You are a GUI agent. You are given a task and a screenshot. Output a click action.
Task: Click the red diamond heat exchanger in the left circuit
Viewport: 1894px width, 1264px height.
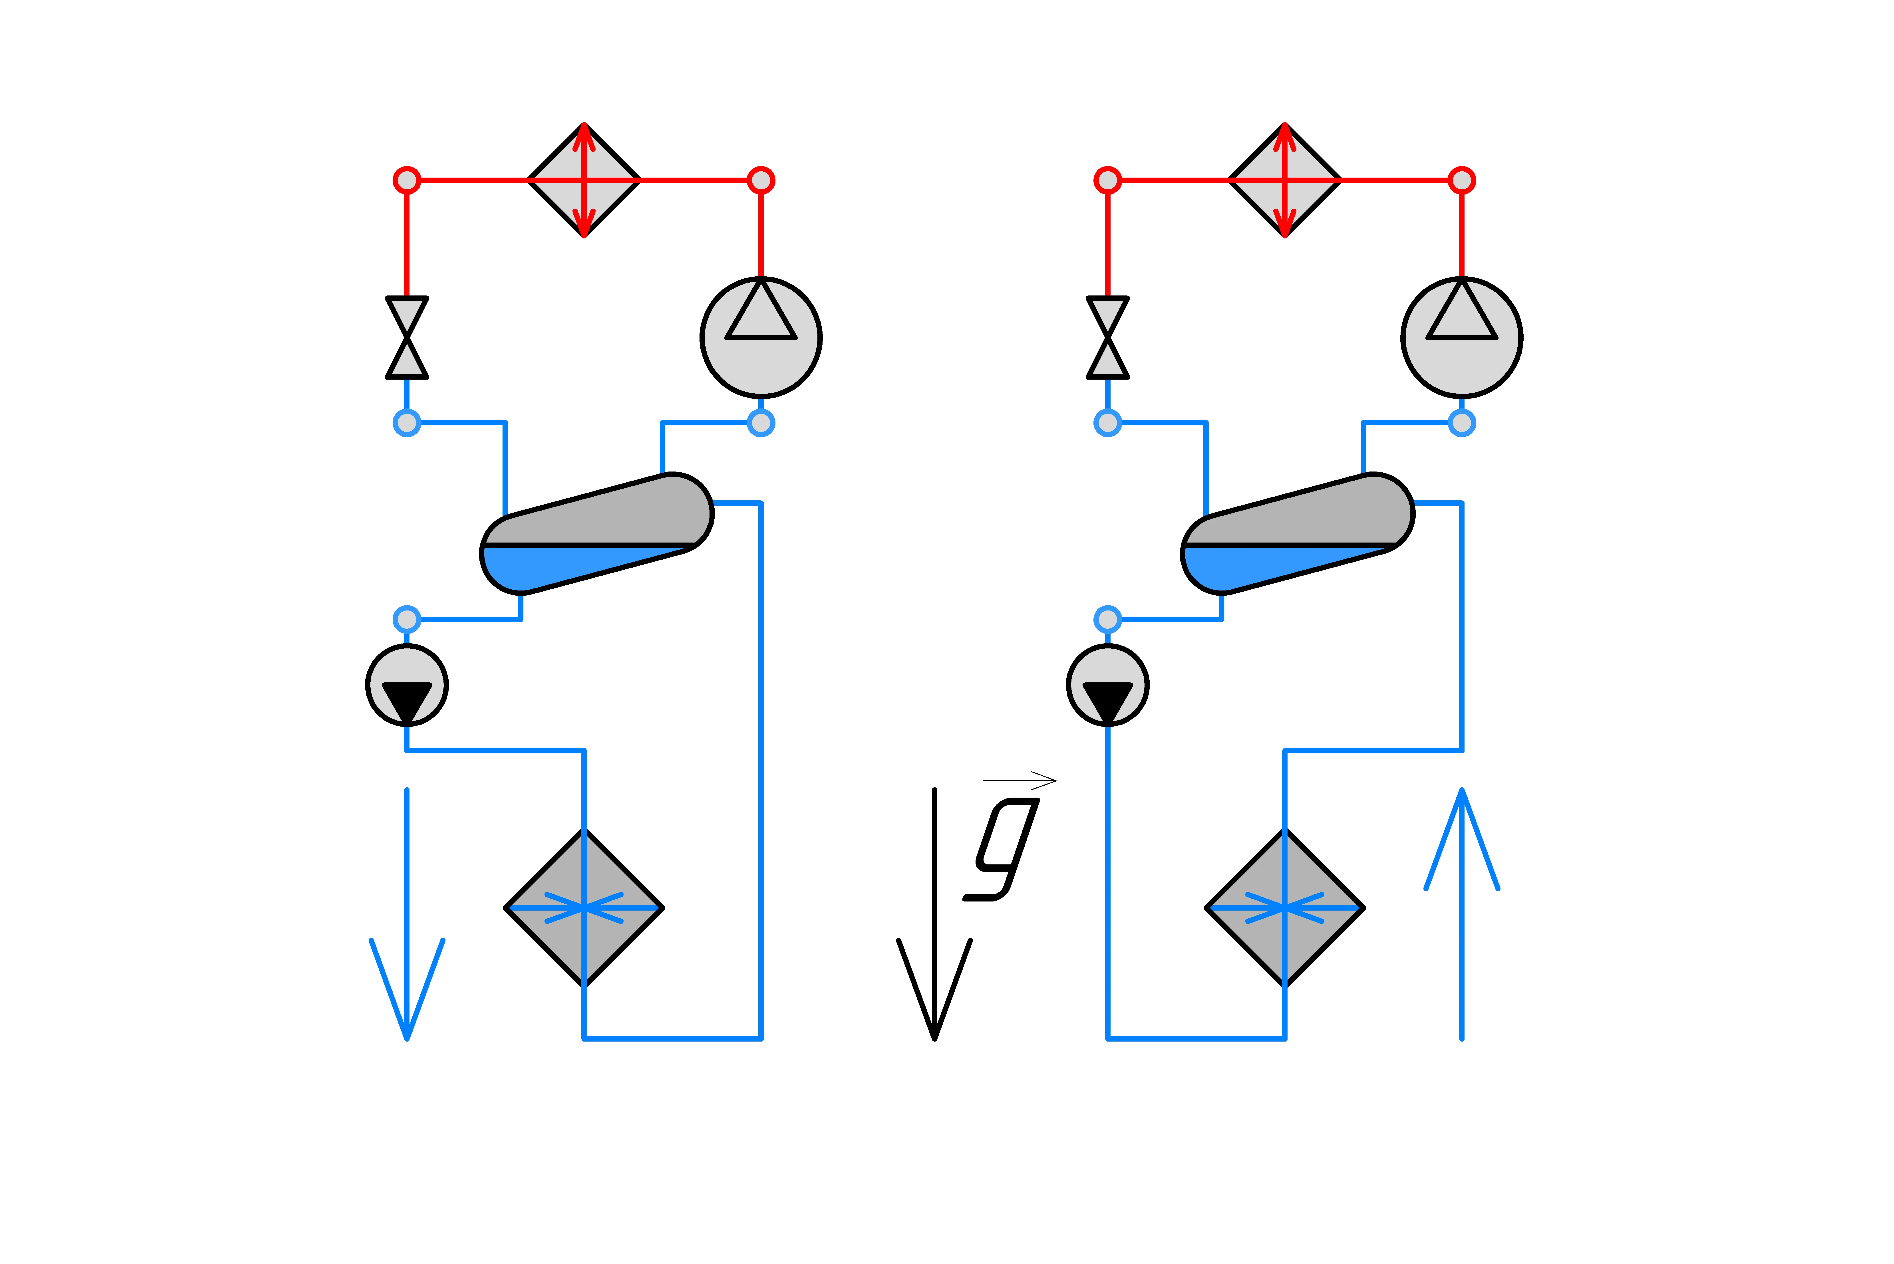point(584,180)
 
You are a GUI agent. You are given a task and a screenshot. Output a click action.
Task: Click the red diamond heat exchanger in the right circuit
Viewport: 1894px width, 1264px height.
point(1284,180)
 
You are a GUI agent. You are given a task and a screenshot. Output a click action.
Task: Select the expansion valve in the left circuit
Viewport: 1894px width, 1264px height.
point(407,337)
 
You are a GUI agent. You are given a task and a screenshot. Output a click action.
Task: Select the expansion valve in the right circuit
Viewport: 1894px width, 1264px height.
point(1108,337)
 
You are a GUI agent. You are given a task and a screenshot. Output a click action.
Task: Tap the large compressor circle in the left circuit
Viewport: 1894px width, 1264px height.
point(761,337)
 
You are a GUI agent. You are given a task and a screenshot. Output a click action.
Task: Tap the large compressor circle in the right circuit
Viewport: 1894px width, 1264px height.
point(1462,337)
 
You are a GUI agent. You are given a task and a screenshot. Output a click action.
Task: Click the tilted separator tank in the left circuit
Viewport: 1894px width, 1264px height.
point(597,534)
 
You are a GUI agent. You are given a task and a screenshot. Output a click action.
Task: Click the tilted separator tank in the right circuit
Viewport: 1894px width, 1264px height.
point(1297,534)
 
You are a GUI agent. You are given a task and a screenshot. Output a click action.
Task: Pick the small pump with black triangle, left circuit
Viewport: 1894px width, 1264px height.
point(407,685)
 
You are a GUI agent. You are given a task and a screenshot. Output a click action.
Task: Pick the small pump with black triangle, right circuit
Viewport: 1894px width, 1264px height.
point(1108,685)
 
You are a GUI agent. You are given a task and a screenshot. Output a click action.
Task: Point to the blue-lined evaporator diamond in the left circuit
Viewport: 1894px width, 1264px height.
point(584,908)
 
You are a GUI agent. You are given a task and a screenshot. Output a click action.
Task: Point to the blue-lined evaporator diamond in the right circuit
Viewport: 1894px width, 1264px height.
point(1284,908)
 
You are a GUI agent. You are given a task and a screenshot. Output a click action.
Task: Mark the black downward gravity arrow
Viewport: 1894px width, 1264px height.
point(934,915)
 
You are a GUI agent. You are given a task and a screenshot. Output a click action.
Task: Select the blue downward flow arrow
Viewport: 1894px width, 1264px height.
point(407,915)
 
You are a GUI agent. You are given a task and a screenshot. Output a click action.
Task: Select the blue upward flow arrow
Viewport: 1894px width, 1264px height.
point(1462,915)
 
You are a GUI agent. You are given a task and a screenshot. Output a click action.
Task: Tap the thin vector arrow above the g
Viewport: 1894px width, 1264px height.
point(1019,780)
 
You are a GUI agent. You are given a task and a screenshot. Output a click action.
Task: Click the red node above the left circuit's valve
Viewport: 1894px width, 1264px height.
point(407,180)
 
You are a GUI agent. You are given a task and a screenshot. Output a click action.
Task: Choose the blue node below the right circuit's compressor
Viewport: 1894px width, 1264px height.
point(1462,422)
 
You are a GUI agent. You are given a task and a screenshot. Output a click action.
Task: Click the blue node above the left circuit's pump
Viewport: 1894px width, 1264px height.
point(407,619)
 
